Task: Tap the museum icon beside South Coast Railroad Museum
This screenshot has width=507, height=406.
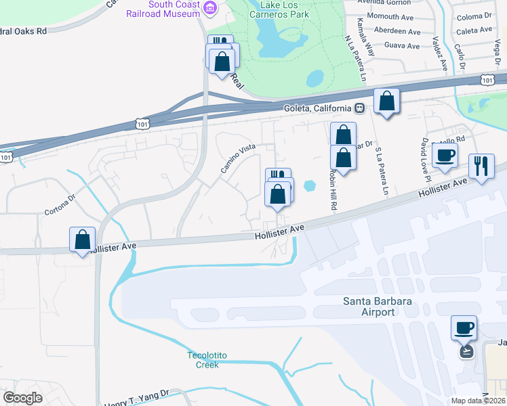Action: (210, 7)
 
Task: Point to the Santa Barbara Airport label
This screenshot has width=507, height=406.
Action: (369, 307)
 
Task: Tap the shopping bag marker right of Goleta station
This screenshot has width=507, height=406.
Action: (386, 101)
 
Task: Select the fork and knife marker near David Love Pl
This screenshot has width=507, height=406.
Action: (481, 166)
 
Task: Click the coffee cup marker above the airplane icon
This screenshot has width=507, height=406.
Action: (464, 328)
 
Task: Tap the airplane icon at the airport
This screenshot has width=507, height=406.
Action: (466, 351)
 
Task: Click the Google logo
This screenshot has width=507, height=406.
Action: (23, 398)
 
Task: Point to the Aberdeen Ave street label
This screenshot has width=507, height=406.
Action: (397, 31)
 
